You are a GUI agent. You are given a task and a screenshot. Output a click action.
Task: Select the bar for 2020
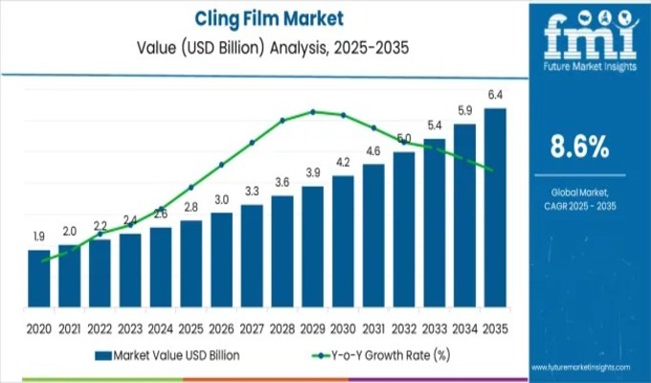(38, 277)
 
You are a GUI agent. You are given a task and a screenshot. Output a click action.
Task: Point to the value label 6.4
(495, 95)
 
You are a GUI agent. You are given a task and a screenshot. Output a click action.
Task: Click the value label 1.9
(38, 237)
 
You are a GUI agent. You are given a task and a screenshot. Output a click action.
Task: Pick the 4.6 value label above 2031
(372, 150)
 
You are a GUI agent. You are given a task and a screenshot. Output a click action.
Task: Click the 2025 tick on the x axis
(191, 327)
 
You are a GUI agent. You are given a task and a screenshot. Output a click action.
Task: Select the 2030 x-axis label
(343, 327)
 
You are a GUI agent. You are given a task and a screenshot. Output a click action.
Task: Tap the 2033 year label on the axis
(434, 327)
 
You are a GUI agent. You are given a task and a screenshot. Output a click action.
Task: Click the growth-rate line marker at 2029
(312, 111)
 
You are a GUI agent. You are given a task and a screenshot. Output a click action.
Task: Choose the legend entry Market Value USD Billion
(168, 356)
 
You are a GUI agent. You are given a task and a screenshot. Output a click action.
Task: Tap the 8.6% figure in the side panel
(579, 146)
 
